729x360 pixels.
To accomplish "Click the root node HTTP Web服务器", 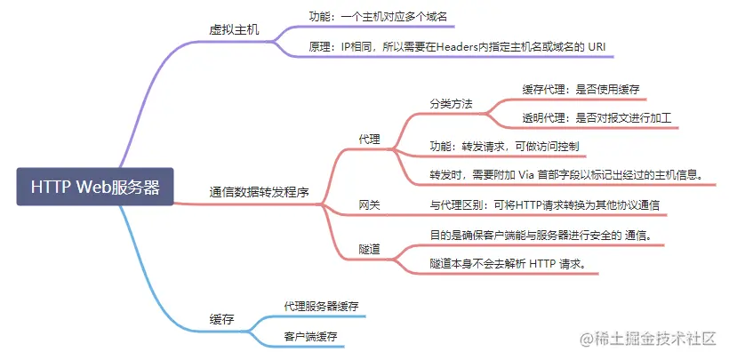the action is [x=95, y=187].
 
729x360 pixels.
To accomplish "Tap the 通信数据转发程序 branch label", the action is [x=260, y=191].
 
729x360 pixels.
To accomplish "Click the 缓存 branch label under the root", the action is [x=222, y=319].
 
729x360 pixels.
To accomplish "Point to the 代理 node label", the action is [x=369, y=140].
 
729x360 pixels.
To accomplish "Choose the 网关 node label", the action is [x=369, y=205].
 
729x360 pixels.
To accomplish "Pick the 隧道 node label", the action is [x=369, y=249].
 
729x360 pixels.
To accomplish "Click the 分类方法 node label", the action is [x=451, y=104].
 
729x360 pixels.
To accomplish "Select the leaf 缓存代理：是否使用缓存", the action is [x=581, y=89].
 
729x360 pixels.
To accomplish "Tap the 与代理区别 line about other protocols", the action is [x=544, y=205].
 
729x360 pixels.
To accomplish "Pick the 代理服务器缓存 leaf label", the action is [x=321, y=305].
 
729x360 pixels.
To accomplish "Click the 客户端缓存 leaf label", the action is [x=310, y=336].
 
